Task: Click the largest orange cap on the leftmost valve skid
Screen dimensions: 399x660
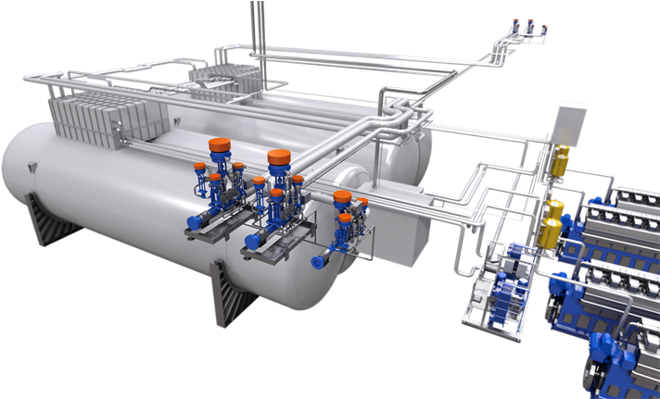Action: (x=219, y=145)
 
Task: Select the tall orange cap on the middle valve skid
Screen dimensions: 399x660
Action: (x=278, y=156)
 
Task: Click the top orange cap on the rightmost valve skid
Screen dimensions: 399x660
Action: (x=342, y=197)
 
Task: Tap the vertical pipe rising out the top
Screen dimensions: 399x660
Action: (x=255, y=23)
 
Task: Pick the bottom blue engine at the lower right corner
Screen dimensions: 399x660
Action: (x=621, y=366)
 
